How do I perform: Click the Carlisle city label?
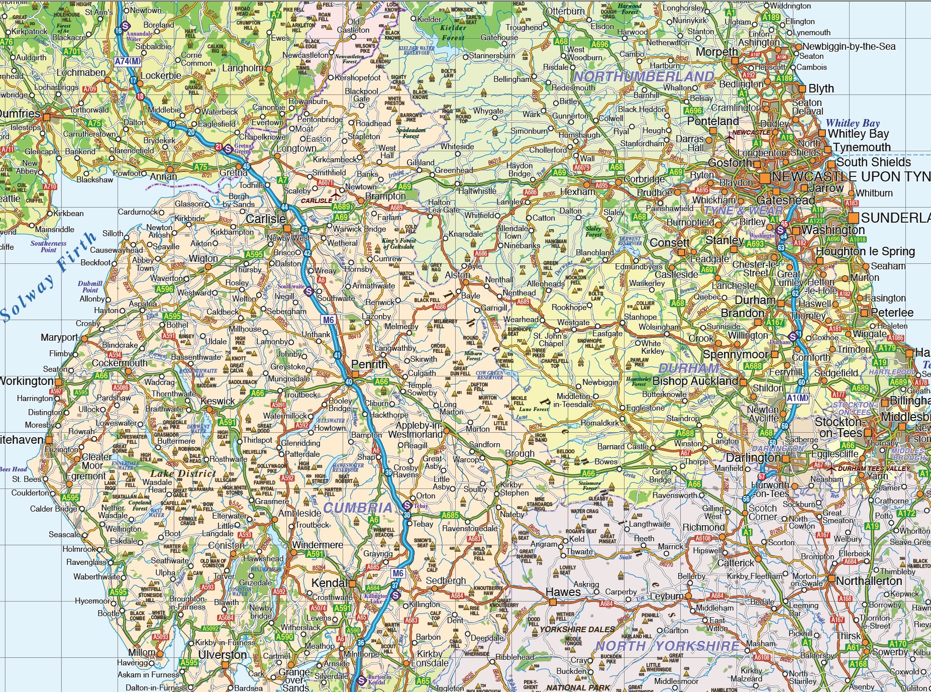265,219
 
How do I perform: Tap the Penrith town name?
369,364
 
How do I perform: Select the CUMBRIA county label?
357,508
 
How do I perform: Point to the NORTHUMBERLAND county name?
644,76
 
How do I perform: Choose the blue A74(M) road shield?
128,61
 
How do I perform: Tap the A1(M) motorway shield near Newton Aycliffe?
798,398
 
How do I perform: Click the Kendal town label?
329,583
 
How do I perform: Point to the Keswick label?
218,401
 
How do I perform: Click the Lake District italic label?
183,473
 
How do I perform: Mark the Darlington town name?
753,458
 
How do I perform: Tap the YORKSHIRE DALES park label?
577,629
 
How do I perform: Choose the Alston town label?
458,275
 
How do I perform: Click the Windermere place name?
317,545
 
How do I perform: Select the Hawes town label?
563,592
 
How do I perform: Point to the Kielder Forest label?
453,32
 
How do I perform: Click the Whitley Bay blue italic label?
853,123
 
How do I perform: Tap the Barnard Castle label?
623,446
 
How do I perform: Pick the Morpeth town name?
716,52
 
